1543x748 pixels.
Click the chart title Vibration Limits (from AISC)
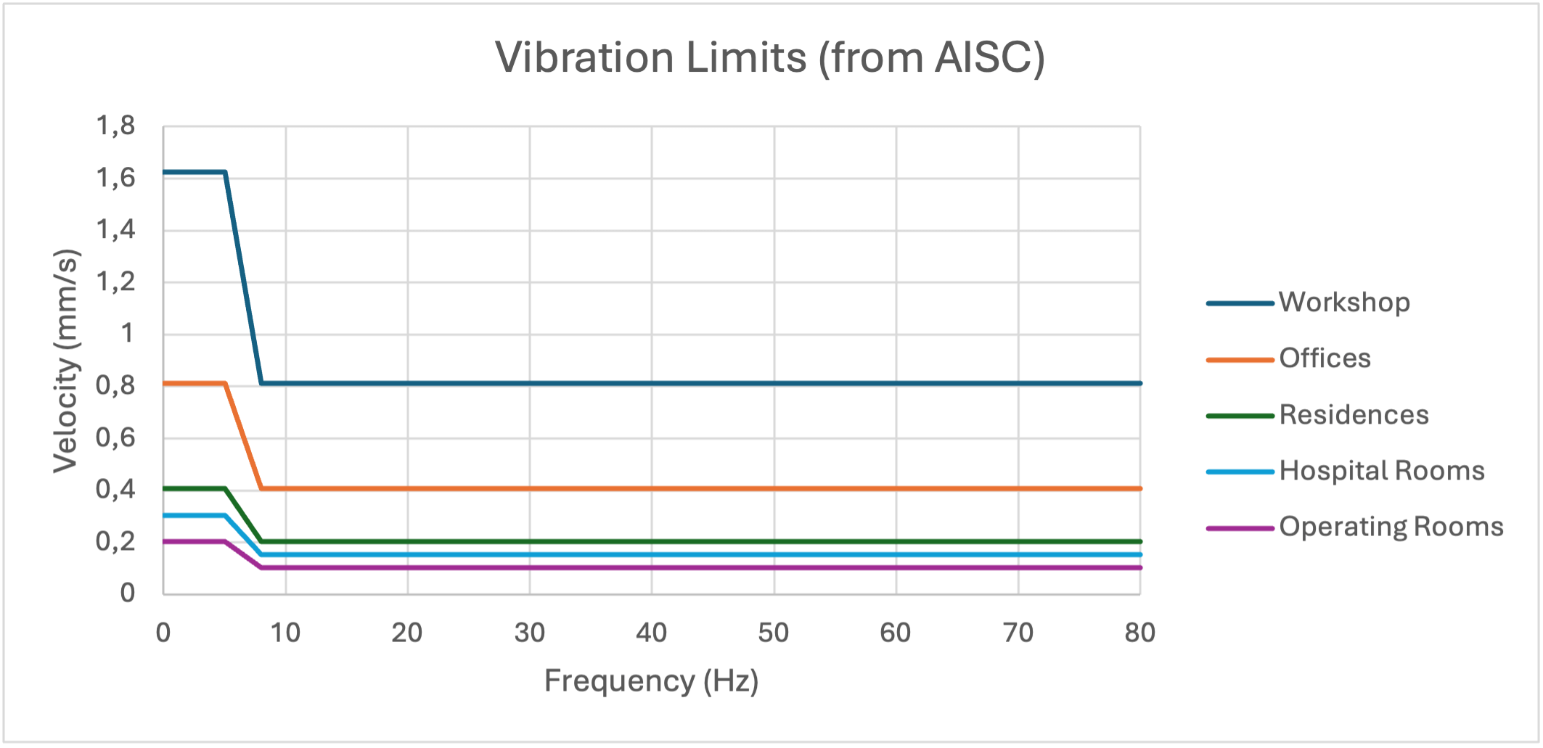coord(770,57)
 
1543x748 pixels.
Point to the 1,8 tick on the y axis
coord(116,126)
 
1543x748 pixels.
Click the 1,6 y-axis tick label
coord(116,178)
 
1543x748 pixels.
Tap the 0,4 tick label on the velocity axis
coord(116,489)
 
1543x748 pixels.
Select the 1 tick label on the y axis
coord(127,334)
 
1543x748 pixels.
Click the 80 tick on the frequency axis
coord(1139,633)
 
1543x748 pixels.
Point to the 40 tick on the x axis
coord(651,633)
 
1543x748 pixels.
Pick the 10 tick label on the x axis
coord(285,633)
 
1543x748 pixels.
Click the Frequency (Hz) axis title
coord(651,681)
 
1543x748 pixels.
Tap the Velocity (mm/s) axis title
coord(65,361)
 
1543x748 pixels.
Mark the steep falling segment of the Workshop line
coord(243,277)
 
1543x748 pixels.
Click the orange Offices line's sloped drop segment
coord(243,436)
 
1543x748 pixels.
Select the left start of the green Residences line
coord(166,488)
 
